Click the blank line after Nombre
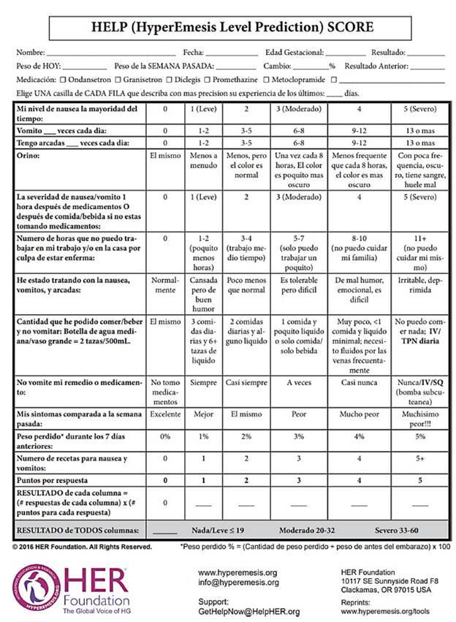coord(110,53)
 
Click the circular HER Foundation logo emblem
coord(34,585)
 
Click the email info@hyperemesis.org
coord(237,583)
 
